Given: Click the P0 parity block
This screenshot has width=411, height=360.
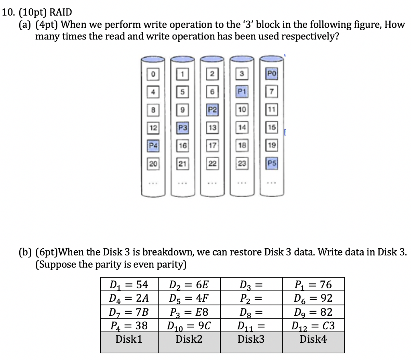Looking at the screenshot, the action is point(271,74).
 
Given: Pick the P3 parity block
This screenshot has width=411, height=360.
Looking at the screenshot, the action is point(183,128).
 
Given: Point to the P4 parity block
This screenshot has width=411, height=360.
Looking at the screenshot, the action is point(153,145).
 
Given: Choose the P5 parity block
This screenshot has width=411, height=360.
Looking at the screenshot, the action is point(271,164).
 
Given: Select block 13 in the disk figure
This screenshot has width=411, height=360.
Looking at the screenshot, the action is point(212,128).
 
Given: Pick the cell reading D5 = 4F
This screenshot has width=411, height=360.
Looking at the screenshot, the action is point(189,298).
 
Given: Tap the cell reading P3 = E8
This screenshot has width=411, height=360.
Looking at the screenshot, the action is point(189,312).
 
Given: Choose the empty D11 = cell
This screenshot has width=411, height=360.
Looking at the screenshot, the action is point(251,325).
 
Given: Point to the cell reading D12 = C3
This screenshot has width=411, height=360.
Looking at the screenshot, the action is point(313,325).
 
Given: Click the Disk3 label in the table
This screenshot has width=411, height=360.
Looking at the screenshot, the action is point(251,340).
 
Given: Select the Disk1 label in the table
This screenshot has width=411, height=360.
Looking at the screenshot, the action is point(129,340).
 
